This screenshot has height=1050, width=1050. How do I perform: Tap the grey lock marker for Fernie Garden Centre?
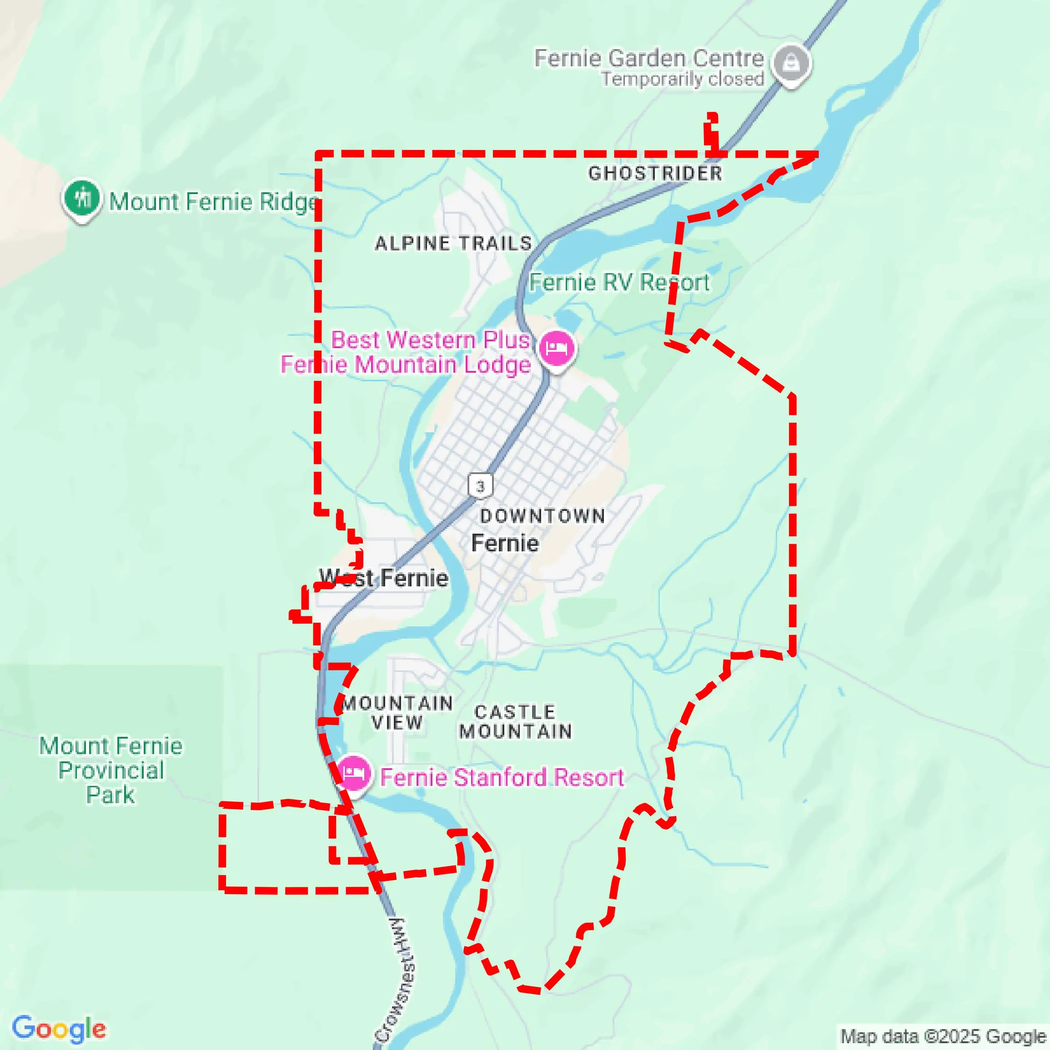tap(791, 63)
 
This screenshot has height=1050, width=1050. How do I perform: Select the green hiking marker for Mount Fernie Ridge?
tap(82, 198)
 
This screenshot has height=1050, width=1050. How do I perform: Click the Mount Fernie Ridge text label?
tap(213, 202)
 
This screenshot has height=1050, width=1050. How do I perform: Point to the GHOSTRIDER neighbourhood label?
tap(655, 173)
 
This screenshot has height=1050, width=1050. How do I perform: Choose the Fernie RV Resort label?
tap(619, 282)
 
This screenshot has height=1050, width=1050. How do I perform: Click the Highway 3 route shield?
tap(480, 485)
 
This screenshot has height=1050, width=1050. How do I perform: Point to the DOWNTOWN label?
tap(543, 516)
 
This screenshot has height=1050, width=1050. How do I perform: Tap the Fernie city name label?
tap(505, 543)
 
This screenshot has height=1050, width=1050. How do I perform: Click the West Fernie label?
tap(384, 578)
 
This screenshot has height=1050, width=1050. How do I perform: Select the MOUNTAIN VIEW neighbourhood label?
tap(397, 713)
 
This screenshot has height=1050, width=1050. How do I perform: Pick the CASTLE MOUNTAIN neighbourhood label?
tap(515, 721)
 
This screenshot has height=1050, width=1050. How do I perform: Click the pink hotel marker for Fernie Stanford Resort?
tap(353, 772)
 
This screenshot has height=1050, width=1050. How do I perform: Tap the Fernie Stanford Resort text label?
tap(501, 777)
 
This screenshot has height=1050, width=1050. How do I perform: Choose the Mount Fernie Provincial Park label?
tap(111, 770)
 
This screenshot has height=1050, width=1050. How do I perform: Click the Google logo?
tap(59, 1028)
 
